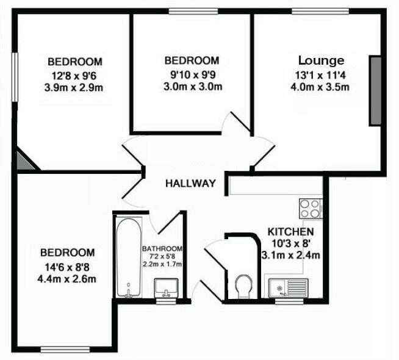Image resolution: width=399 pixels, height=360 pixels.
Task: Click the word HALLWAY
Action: coord(191,183)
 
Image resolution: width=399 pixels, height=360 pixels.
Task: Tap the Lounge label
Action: coord(321,60)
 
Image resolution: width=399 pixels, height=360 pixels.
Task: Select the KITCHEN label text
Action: coord(291,232)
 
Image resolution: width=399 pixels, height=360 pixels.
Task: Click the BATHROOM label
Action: coord(162,249)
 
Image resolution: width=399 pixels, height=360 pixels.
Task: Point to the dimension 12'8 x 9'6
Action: coord(74,76)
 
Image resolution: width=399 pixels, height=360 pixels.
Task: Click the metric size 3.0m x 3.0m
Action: coord(192,87)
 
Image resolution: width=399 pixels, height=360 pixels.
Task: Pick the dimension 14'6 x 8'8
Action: coord(67,267)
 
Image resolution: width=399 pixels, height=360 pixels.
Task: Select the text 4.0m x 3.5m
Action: coord(320,87)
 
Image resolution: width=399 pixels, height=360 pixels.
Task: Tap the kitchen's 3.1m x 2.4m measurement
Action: coord(290,255)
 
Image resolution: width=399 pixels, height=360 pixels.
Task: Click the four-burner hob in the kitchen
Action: coord(310,209)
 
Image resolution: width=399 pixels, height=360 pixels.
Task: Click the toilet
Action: coord(243,286)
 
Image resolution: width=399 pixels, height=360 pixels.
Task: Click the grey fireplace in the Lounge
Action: coord(375,90)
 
